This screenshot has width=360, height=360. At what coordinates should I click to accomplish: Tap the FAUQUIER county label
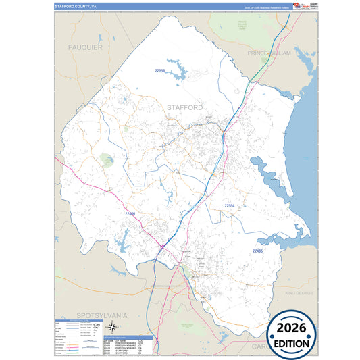[x=84, y=47]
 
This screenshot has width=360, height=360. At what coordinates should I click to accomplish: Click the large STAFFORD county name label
[x=184, y=107]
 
